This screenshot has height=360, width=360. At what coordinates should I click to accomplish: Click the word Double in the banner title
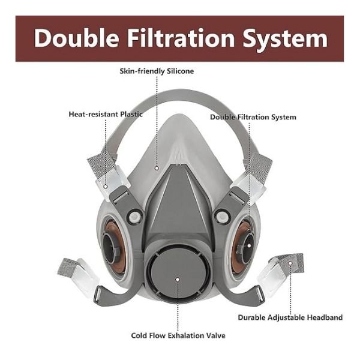coord(76,38)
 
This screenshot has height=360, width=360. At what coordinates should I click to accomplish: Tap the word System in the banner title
coord(286,39)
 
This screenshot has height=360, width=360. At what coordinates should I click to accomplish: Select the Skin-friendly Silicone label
coord(157,71)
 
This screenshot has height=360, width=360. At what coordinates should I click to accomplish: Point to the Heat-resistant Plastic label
coord(106,115)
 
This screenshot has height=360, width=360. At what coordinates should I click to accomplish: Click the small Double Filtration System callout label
coord(253,118)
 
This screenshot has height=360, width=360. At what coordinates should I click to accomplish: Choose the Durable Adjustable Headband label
coord(290,317)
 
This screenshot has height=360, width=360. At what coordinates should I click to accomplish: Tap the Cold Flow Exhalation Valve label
coord(178,335)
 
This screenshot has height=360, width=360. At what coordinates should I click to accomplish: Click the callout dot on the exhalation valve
coord(177,280)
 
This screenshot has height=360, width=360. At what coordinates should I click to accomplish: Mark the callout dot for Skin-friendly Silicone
coord(157,168)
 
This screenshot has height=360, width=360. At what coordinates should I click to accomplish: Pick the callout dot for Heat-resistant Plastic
coord(106,187)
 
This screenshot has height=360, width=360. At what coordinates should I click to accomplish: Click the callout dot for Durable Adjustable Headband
coord(290,263)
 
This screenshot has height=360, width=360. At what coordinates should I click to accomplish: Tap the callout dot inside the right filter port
coord(249,245)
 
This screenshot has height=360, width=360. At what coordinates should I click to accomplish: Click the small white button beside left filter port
coord(134,217)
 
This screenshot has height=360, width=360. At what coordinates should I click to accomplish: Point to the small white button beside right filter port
coord(222,217)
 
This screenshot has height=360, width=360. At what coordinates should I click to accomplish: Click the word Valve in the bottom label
coord(215,335)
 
